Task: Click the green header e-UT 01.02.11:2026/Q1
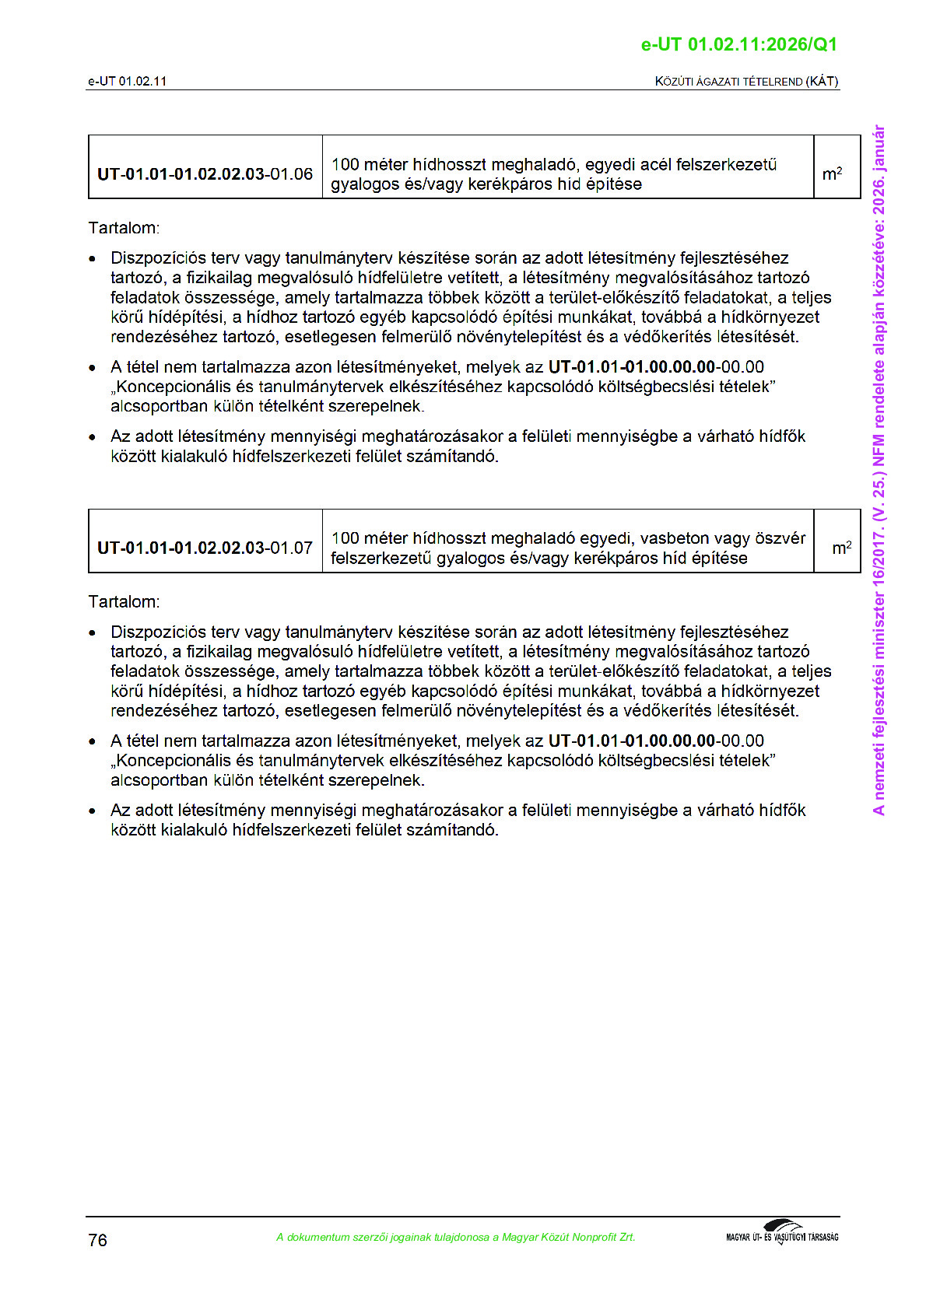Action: pos(738,44)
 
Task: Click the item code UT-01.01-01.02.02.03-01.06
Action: pos(205,174)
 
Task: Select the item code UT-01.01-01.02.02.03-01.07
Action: pos(205,548)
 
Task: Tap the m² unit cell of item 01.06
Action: pos(832,173)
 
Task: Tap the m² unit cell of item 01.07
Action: pos(841,548)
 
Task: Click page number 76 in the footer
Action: pos(98,1240)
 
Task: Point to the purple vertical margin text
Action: pos(879,470)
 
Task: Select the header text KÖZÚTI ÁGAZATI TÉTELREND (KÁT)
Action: pos(746,81)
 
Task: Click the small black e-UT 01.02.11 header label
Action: pos(127,81)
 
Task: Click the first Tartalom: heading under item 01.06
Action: pos(124,228)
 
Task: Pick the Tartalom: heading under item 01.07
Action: pos(124,601)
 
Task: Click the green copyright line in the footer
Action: pos(455,1237)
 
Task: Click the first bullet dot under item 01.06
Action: pos(93,259)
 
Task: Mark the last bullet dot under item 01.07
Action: pos(93,811)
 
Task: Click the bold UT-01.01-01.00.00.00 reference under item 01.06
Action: pos(632,366)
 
